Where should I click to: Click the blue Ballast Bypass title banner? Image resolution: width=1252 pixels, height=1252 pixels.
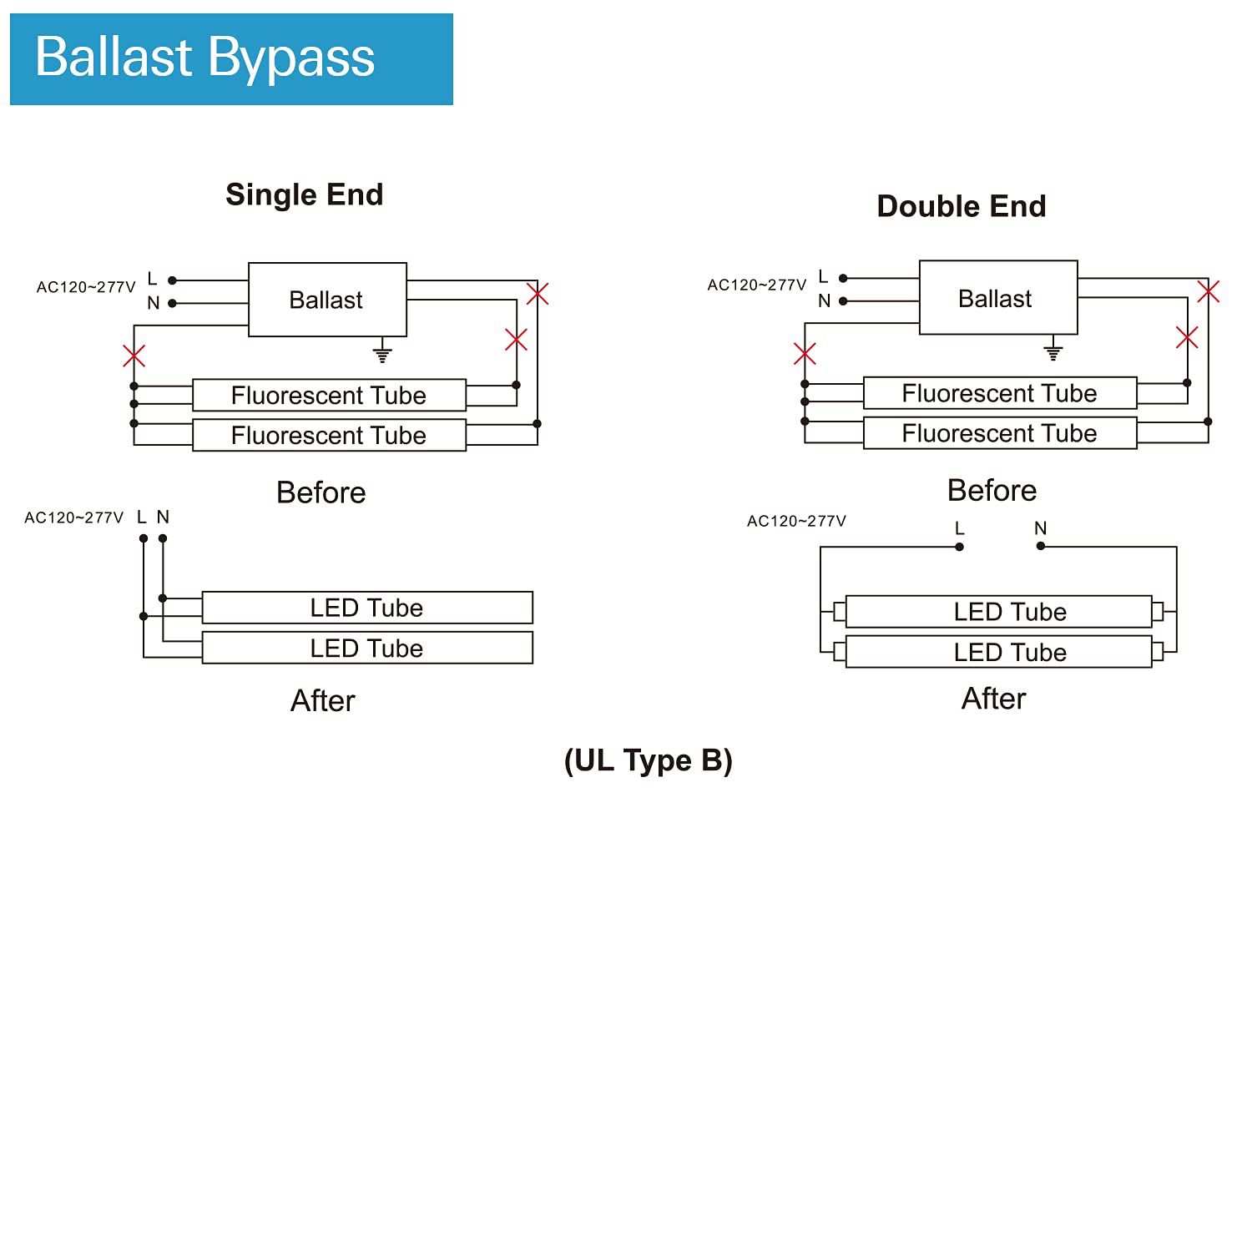click(231, 59)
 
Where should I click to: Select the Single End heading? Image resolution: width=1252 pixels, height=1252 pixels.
click(305, 194)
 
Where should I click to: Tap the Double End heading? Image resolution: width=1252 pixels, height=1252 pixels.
click(962, 206)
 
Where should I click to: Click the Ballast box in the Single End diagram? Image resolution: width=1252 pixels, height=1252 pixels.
click(327, 300)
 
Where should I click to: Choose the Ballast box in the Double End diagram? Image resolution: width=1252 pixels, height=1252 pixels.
click(998, 298)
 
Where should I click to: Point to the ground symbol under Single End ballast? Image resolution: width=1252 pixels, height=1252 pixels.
click(382, 352)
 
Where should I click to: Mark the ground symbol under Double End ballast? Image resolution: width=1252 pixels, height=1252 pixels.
click(1053, 350)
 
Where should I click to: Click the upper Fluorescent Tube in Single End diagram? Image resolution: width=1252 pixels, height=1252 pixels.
click(329, 395)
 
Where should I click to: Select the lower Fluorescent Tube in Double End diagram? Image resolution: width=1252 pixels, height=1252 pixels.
click(1000, 433)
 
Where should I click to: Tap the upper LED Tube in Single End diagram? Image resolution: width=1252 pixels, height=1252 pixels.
click(367, 608)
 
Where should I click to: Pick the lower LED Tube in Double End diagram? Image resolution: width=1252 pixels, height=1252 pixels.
click(999, 652)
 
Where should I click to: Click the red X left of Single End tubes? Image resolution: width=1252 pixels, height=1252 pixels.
click(134, 356)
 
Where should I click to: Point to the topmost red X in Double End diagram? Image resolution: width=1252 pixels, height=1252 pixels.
click(1209, 291)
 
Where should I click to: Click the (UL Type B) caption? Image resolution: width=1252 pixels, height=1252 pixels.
click(649, 760)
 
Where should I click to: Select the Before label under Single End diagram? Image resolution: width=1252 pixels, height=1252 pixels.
click(321, 492)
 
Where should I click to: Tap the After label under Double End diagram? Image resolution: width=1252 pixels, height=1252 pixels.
click(994, 699)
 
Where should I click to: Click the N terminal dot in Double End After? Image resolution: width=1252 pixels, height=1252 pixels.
click(1041, 546)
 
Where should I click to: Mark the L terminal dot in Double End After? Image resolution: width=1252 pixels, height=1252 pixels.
click(960, 547)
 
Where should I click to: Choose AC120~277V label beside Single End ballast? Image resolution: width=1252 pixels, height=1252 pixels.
click(86, 287)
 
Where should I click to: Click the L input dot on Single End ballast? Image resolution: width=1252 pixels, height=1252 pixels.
click(173, 280)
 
